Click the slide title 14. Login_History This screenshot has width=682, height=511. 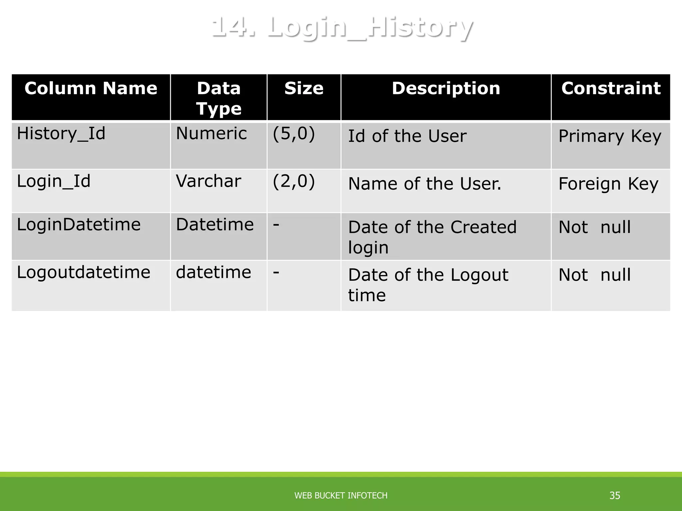point(342,27)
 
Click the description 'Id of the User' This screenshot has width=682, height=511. point(407,136)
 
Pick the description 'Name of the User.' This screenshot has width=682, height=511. point(425,184)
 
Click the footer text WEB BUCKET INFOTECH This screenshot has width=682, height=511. point(341,496)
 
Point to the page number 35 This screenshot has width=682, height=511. point(615,496)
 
